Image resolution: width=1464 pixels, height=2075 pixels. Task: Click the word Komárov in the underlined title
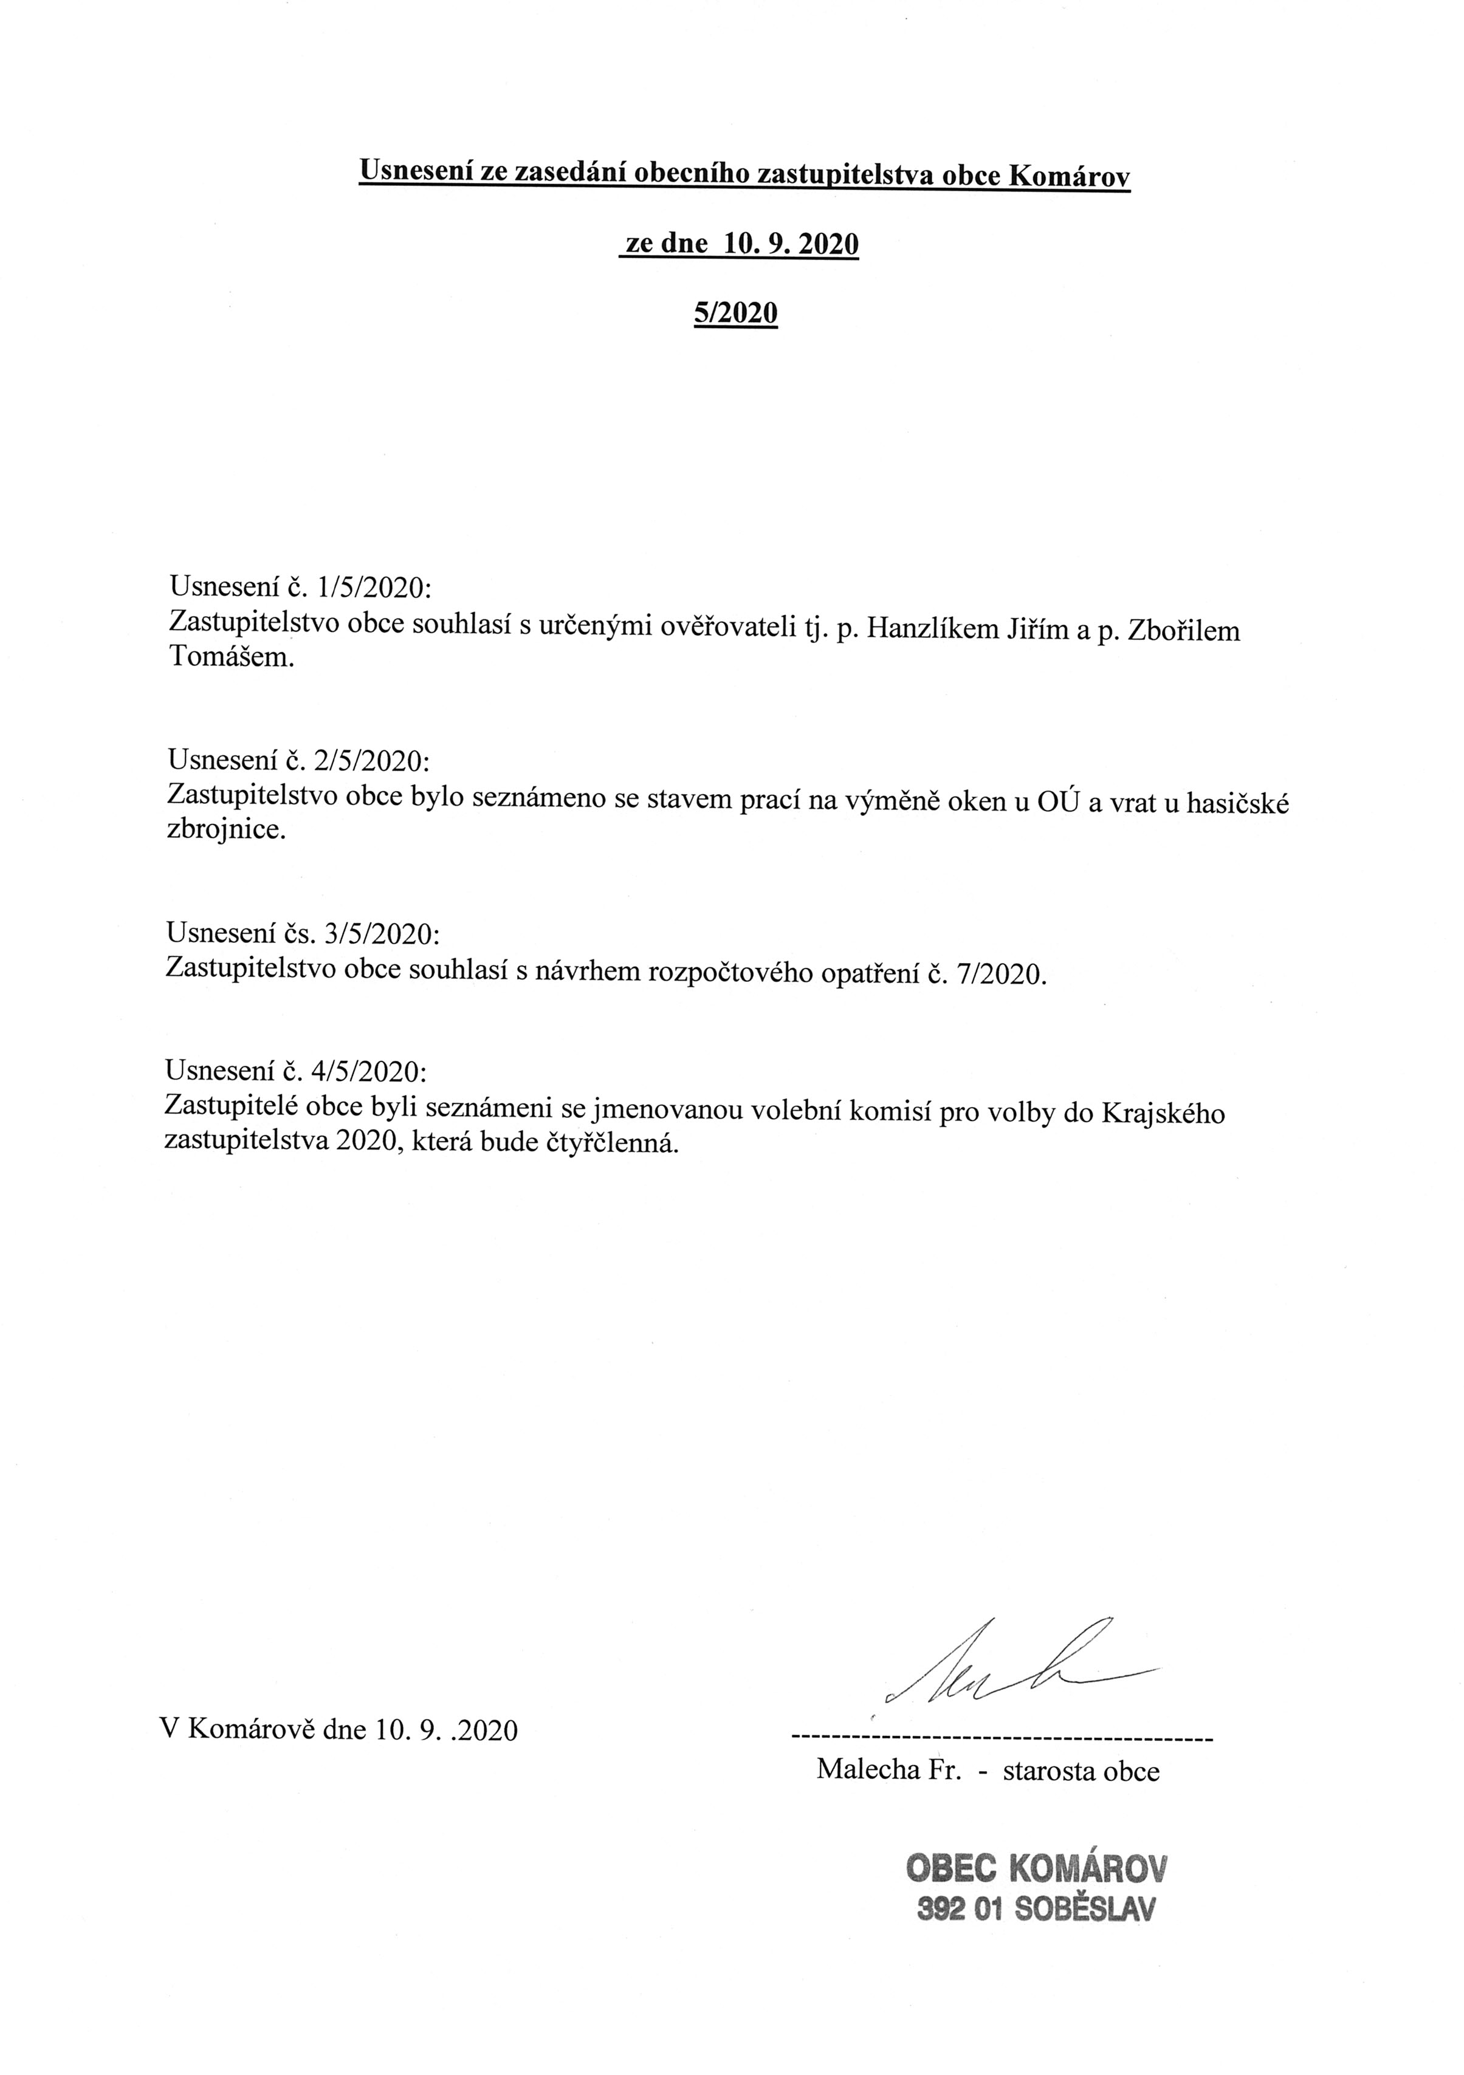click(x=1068, y=176)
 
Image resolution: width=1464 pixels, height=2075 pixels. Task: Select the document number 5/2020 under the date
click(x=735, y=313)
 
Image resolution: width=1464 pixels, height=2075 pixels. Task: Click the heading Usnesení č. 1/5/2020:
click(x=300, y=588)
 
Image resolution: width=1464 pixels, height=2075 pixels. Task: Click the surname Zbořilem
click(x=1184, y=630)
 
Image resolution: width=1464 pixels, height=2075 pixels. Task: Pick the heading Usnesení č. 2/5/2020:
click(x=300, y=761)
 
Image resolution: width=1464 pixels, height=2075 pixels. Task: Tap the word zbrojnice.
click(x=226, y=829)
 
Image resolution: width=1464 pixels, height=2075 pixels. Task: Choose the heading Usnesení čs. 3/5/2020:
click(x=303, y=933)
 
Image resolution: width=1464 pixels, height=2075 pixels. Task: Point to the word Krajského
click(x=1163, y=1113)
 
